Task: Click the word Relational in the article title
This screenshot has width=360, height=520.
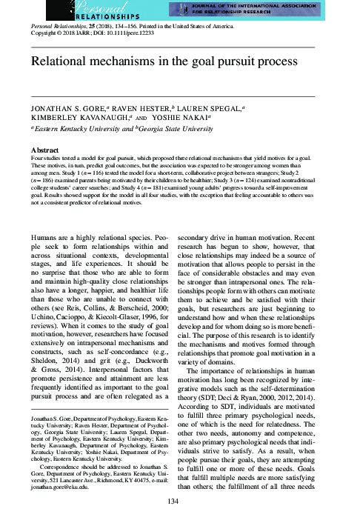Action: click(x=60, y=60)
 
